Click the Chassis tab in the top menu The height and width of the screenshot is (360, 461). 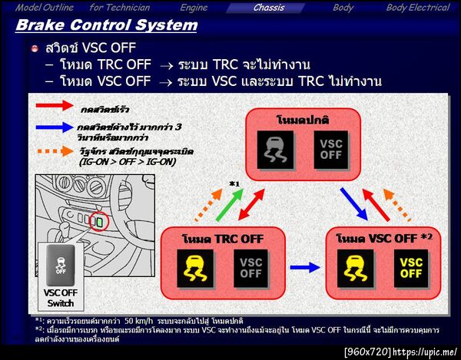[269, 8]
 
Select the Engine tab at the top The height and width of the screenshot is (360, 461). [194, 8]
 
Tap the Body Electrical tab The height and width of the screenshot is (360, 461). [417, 8]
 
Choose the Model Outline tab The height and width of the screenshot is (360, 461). [44, 8]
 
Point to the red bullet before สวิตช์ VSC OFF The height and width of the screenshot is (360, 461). [35, 49]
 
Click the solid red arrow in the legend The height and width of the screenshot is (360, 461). [53, 105]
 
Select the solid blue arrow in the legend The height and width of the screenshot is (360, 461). [53, 128]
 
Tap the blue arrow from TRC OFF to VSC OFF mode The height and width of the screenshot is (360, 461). [304, 267]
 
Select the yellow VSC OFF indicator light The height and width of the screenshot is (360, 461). [411, 268]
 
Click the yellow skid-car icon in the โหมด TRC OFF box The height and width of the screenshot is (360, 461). [196, 268]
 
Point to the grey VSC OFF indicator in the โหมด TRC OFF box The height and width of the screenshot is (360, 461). [251, 268]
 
